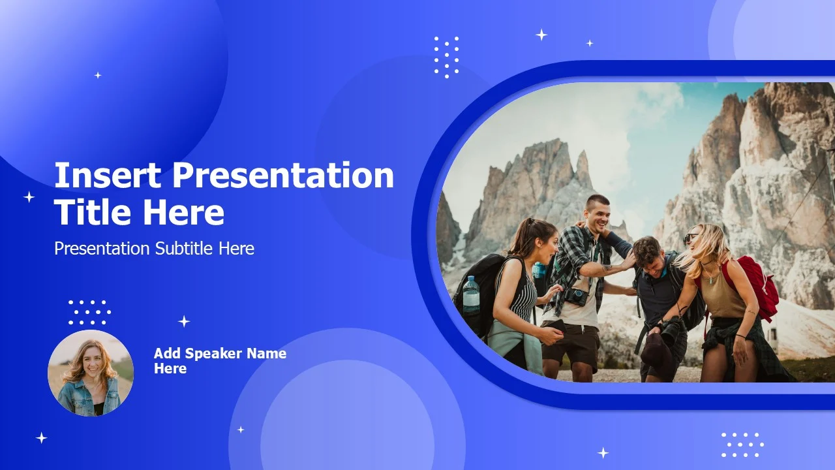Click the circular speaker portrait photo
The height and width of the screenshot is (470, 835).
[91, 373]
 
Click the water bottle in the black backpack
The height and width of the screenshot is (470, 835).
[471, 294]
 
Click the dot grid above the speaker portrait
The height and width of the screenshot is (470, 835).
[89, 312]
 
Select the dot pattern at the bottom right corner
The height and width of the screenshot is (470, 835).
[742, 445]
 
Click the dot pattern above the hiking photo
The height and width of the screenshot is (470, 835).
[447, 57]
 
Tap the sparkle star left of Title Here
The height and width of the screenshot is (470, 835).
[29, 197]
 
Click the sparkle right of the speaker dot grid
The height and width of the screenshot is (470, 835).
[184, 321]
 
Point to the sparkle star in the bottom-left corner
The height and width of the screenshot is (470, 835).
[41, 438]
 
